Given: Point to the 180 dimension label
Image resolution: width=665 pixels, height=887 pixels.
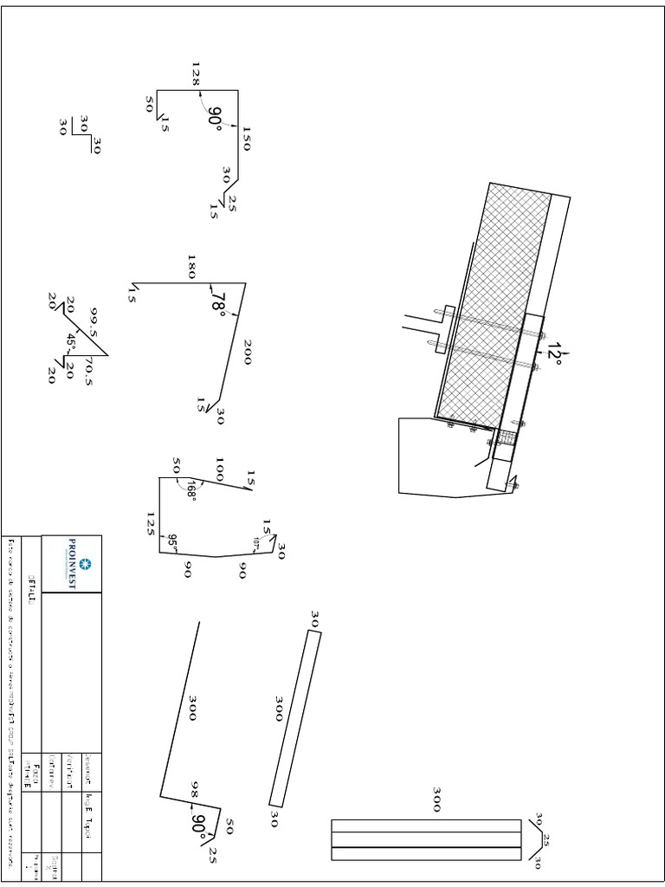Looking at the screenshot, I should [x=192, y=267].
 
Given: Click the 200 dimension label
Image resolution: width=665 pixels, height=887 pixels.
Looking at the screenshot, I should [x=248, y=352].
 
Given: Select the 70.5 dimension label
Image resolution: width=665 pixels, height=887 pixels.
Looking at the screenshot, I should [x=88, y=368].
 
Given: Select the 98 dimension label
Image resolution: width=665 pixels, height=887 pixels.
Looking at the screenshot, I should [x=195, y=790].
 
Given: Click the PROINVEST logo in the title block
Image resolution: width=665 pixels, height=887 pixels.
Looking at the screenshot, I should [x=72, y=564].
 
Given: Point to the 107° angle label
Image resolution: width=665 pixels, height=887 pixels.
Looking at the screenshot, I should [x=256, y=542].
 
